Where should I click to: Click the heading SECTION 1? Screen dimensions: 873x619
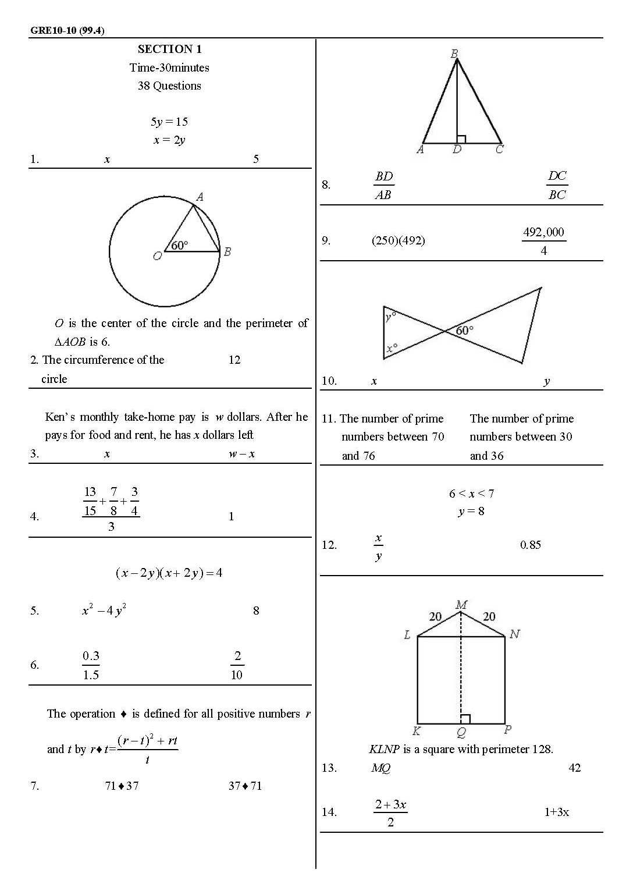click(169, 49)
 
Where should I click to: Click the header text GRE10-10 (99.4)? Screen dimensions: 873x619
click(67, 31)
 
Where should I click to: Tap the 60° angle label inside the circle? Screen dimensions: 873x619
click(180, 246)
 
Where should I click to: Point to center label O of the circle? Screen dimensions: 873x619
click(156, 256)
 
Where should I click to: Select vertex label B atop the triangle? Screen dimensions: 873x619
click(454, 54)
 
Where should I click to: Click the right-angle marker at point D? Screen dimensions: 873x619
click(461, 139)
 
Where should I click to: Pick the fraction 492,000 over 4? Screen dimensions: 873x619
click(543, 241)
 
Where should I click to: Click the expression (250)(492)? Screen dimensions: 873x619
click(398, 240)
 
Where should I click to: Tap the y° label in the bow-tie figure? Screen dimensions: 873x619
click(390, 316)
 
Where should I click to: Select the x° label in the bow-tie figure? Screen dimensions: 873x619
click(392, 348)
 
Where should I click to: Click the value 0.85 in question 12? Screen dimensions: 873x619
click(530, 545)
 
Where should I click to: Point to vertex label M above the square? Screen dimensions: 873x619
click(461, 605)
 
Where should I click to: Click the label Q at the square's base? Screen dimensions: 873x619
click(461, 732)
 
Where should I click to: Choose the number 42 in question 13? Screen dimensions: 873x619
click(574, 768)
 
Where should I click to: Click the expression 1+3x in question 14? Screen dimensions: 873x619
click(556, 812)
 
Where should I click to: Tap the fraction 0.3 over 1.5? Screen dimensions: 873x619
click(91, 665)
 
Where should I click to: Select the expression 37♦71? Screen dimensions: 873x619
click(245, 786)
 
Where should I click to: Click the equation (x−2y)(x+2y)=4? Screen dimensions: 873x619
click(169, 573)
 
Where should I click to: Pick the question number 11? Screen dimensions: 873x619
click(329, 418)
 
